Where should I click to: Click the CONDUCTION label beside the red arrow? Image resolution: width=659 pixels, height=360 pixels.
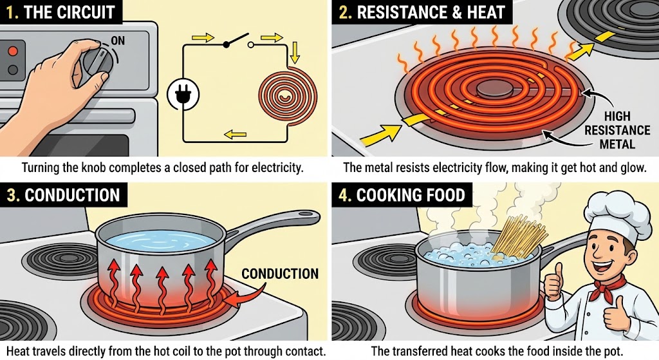click(280, 274)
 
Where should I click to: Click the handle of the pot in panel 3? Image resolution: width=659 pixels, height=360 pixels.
click(277, 222)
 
